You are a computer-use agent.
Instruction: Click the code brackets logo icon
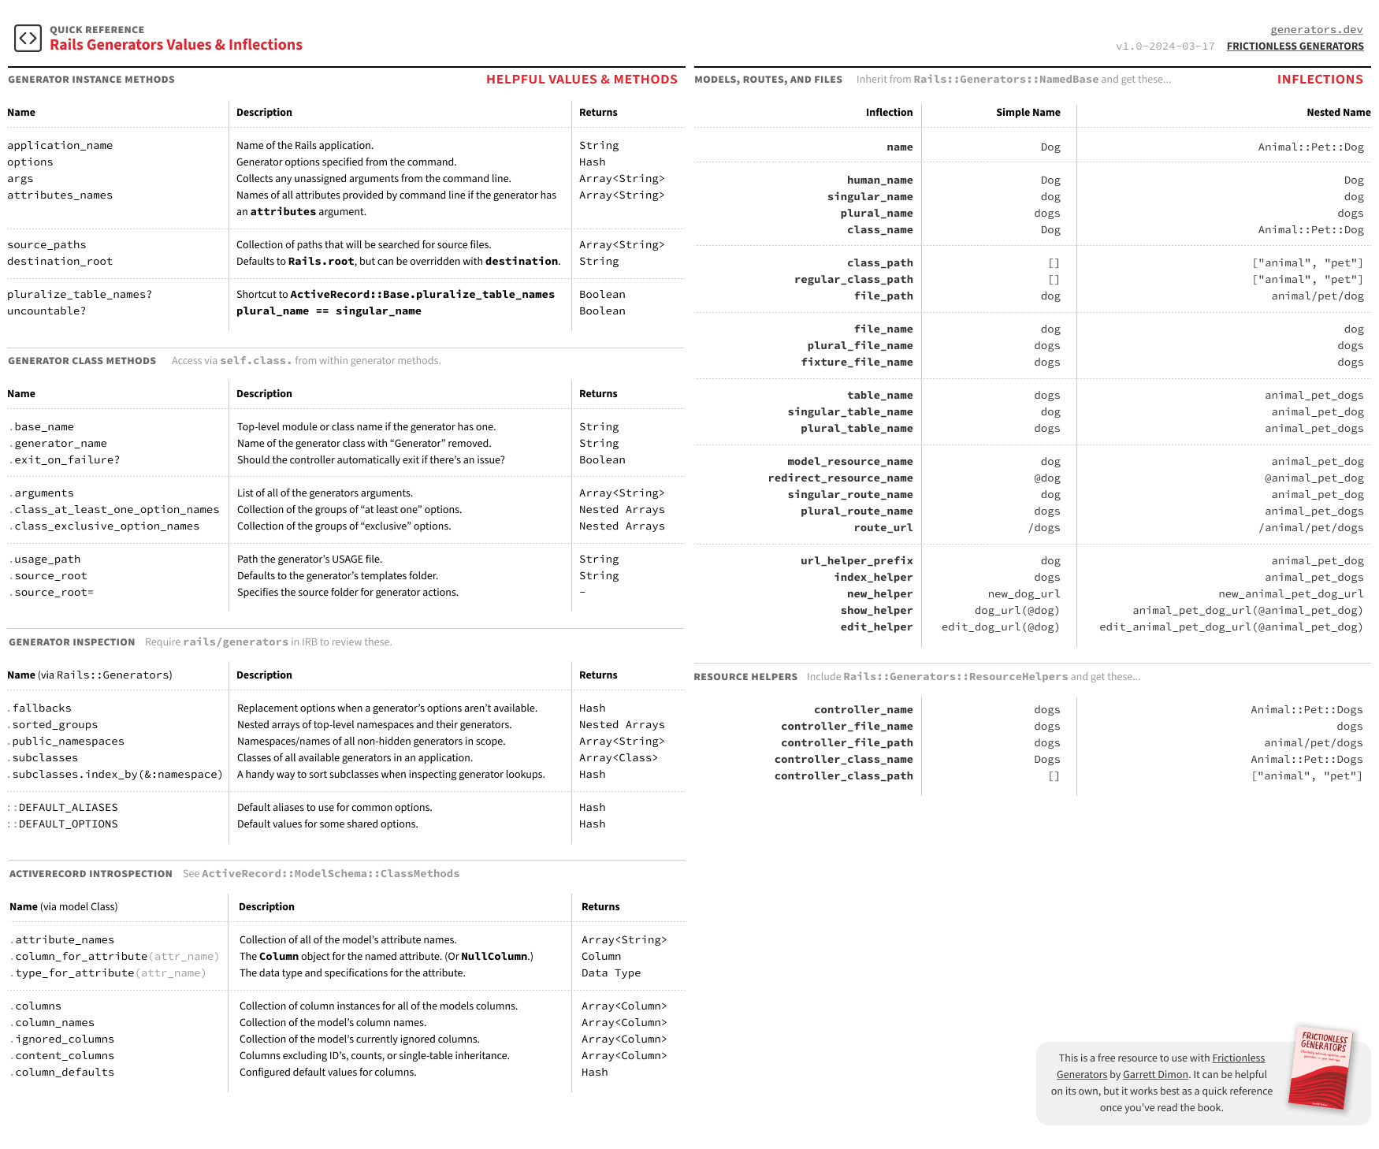tap(28, 38)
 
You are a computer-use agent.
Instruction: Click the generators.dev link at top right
tap(1316, 30)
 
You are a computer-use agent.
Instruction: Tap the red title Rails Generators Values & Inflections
tap(176, 45)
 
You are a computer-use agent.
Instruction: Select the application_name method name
tap(60, 146)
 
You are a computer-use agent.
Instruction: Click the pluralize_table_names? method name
tap(80, 295)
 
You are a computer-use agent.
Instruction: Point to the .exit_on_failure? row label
tap(65, 460)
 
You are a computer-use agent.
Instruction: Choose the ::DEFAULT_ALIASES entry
tap(63, 808)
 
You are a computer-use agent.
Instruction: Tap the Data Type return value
tap(611, 973)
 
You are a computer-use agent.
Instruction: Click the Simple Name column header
tap(1028, 113)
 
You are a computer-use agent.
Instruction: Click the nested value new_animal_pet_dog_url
tap(1290, 594)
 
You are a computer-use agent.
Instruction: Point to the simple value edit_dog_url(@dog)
tap(1000, 627)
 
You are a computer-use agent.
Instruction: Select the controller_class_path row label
tap(843, 776)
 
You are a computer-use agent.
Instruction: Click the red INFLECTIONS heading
tap(1320, 80)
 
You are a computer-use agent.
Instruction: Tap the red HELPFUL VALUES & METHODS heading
tap(582, 80)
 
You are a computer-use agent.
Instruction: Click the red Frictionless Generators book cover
tap(1321, 1067)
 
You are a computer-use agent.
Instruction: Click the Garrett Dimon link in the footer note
tap(1155, 1075)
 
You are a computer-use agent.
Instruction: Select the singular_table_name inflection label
tap(849, 412)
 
